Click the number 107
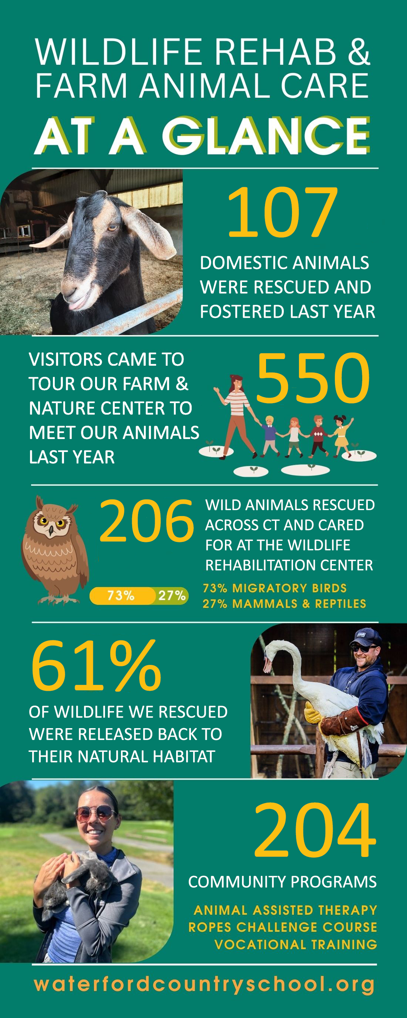pyautogui.click(x=282, y=212)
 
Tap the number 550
pyautogui.click(x=313, y=378)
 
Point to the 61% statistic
pyautogui.click(x=96, y=666)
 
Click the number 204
pyautogui.click(x=315, y=830)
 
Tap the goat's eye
pyautogui.click(x=112, y=227)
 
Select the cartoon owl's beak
pyautogui.click(x=51, y=531)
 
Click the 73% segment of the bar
pyautogui.click(x=122, y=596)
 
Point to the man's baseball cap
pyautogui.click(x=366, y=637)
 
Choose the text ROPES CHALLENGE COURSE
pyautogui.click(x=283, y=927)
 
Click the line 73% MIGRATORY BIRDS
pyautogui.click(x=275, y=589)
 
